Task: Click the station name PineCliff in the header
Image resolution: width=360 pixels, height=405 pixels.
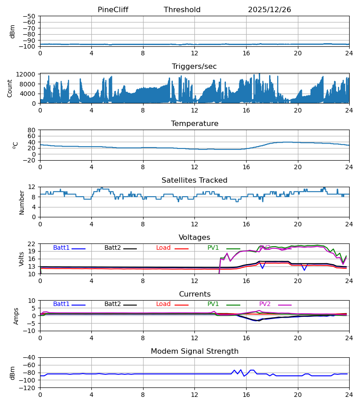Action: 113,10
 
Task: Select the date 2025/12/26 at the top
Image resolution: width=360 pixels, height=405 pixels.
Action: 270,10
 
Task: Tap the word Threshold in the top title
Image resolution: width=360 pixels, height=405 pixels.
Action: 182,10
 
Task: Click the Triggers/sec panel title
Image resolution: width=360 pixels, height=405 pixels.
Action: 194,67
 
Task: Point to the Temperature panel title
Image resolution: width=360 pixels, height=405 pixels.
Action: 194,124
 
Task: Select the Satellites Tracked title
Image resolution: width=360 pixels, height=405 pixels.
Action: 194,180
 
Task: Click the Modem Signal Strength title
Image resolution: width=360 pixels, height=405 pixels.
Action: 194,351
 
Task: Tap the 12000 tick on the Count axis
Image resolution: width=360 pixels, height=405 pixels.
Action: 28,74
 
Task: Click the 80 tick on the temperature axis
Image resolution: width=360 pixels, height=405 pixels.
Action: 31,130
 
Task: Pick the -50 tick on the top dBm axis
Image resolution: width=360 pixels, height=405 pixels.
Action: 29,16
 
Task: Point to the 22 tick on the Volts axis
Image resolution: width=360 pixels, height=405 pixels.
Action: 31,244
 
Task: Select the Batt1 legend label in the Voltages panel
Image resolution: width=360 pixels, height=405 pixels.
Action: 61,248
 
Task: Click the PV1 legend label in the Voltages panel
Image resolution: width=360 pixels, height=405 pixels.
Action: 213,248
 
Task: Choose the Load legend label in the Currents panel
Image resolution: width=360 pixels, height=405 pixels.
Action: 163,304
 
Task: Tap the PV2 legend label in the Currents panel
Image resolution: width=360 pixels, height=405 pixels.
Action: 265,304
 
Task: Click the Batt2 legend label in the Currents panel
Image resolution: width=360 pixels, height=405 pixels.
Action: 112,304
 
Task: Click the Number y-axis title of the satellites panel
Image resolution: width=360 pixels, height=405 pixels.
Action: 22,202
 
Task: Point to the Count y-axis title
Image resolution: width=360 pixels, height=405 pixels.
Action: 10,88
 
